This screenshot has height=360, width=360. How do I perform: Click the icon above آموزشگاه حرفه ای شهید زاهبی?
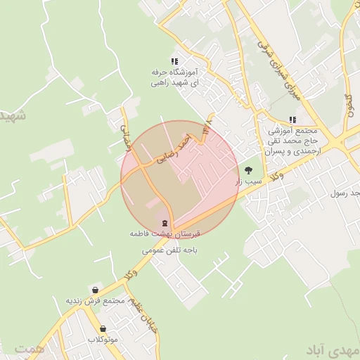(x=174, y=61)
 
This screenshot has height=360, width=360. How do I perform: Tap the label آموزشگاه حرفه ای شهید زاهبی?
(x=174, y=77)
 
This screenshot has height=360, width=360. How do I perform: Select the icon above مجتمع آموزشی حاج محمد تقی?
(x=292, y=120)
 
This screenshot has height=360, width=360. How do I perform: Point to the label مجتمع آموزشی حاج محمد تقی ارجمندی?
(x=292, y=141)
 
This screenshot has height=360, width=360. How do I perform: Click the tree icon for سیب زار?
(x=247, y=170)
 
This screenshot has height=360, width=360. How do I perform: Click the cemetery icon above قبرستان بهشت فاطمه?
(x=165, y=221)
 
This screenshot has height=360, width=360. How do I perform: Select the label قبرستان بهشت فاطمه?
(x=165, y=232)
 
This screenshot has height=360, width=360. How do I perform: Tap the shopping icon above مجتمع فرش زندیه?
(x=95, y=290)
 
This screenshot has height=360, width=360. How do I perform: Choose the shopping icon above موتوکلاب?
(x=103, y=328)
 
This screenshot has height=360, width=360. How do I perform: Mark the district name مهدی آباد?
(x=332, y=349)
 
